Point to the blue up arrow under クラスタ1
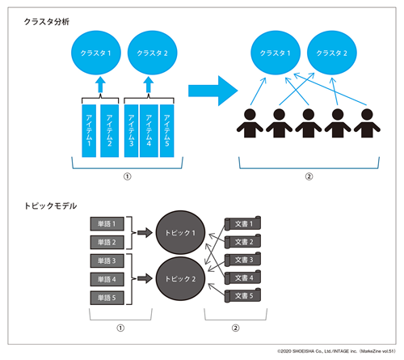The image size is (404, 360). pyautogui.click(x=99, y=85)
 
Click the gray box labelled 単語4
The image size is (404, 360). pyautogui.click(x=107, y=279)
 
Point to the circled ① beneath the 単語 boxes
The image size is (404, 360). pyautogui.click(x=120, y=328)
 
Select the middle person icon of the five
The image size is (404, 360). pyautogui.click(x=309, y=122)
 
